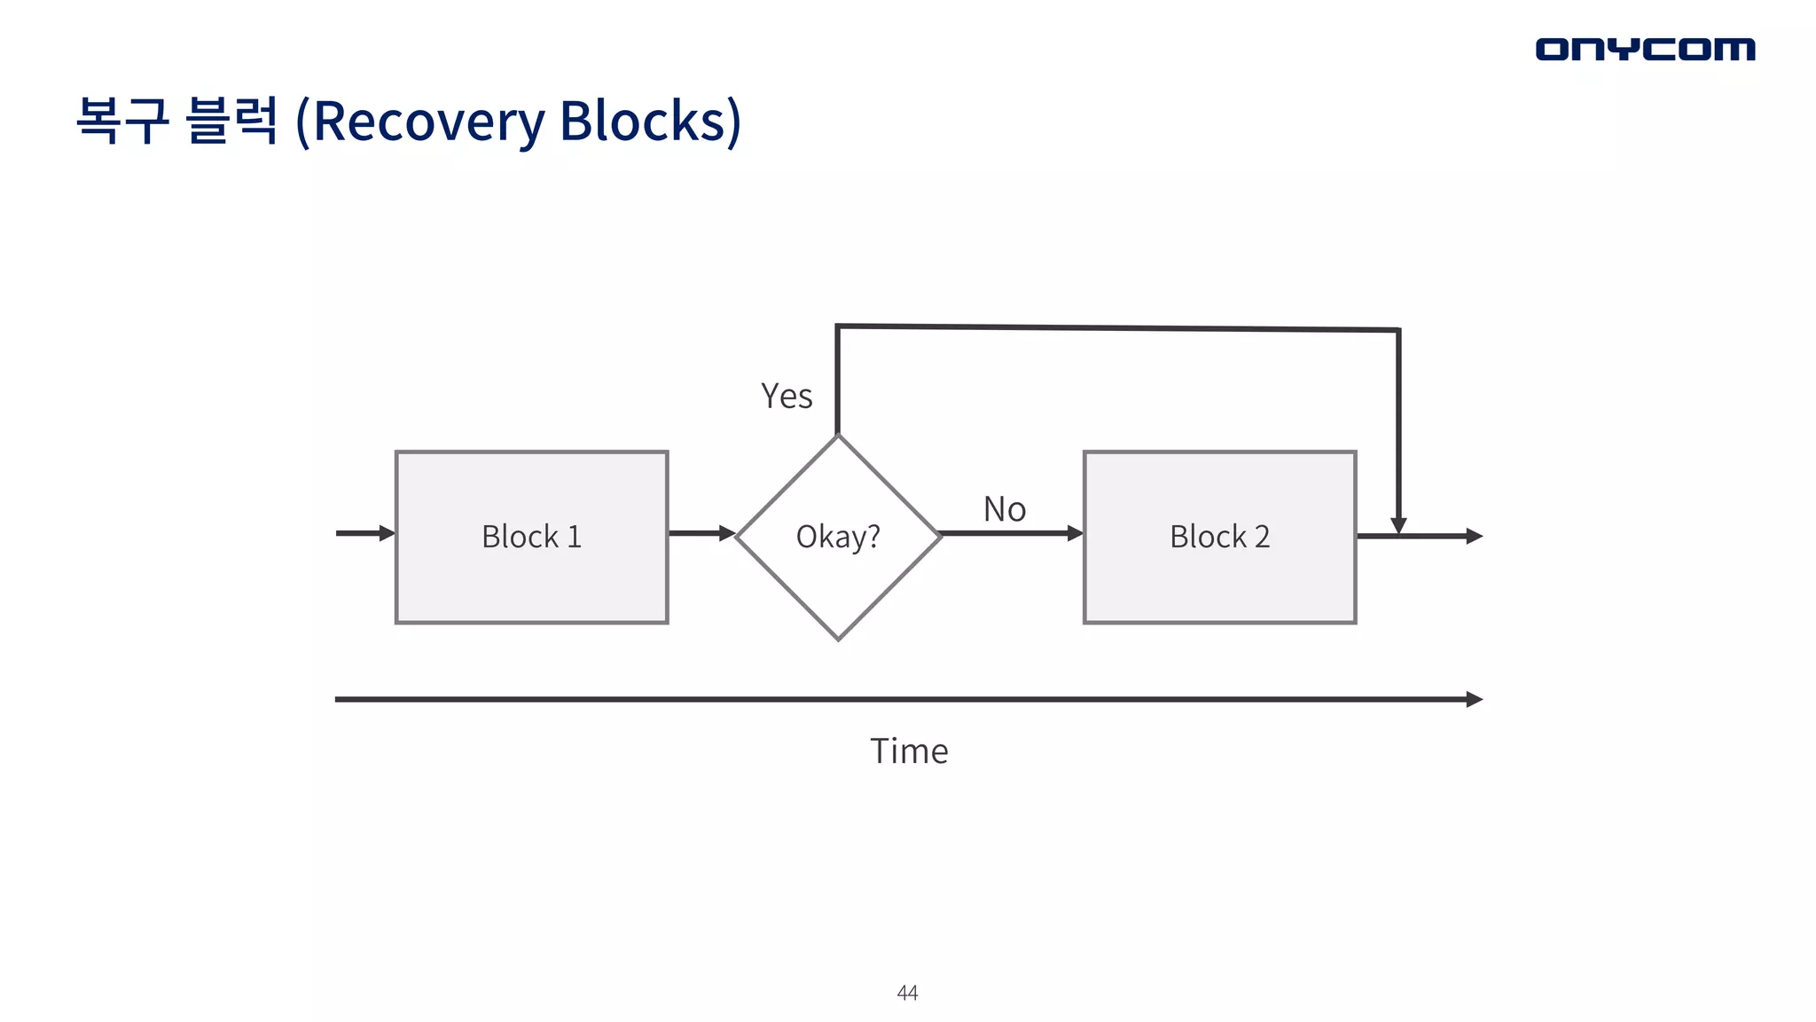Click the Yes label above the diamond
coord(787,396)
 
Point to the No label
coord(1005,509)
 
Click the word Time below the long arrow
coord(909,751)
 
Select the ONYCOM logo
coord(1645,49)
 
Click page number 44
coord(907,993)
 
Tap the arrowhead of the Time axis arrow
coord(1475,699)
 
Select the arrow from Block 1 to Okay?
coord(701,533)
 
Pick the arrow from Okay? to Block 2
coord(1011,533)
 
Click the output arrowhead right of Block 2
coord(1474,536)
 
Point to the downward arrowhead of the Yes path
coord(1398,526)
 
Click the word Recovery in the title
coord(428,121)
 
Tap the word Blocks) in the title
coord(650,121)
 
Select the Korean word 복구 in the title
coord(122,121)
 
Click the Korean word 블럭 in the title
coord(232,121)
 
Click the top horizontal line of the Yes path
coord(1117,328)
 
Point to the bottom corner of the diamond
coord(838,637)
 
